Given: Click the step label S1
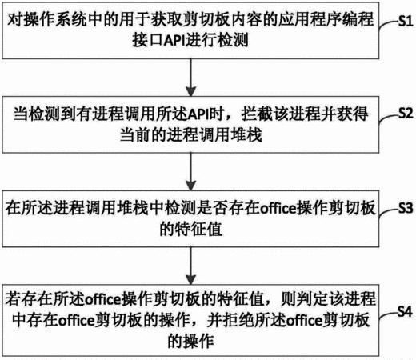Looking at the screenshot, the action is (406, 20).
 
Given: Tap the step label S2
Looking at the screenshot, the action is (406, 113).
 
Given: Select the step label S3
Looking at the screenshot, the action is (406, 207).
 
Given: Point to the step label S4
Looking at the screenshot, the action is (405, 311).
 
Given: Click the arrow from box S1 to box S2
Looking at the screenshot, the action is (190, 78).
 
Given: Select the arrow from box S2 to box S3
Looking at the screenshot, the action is (190, 171).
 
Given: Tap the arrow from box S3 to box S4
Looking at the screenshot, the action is (190, 266).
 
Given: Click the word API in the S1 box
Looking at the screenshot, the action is (174, 41).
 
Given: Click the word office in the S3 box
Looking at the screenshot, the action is (278, 209).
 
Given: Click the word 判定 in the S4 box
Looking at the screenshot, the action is (313, 299).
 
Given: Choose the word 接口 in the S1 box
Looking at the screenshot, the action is (147, 41).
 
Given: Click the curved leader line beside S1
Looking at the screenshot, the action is (388, 25).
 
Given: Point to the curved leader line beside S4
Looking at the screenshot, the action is (388, 315).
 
